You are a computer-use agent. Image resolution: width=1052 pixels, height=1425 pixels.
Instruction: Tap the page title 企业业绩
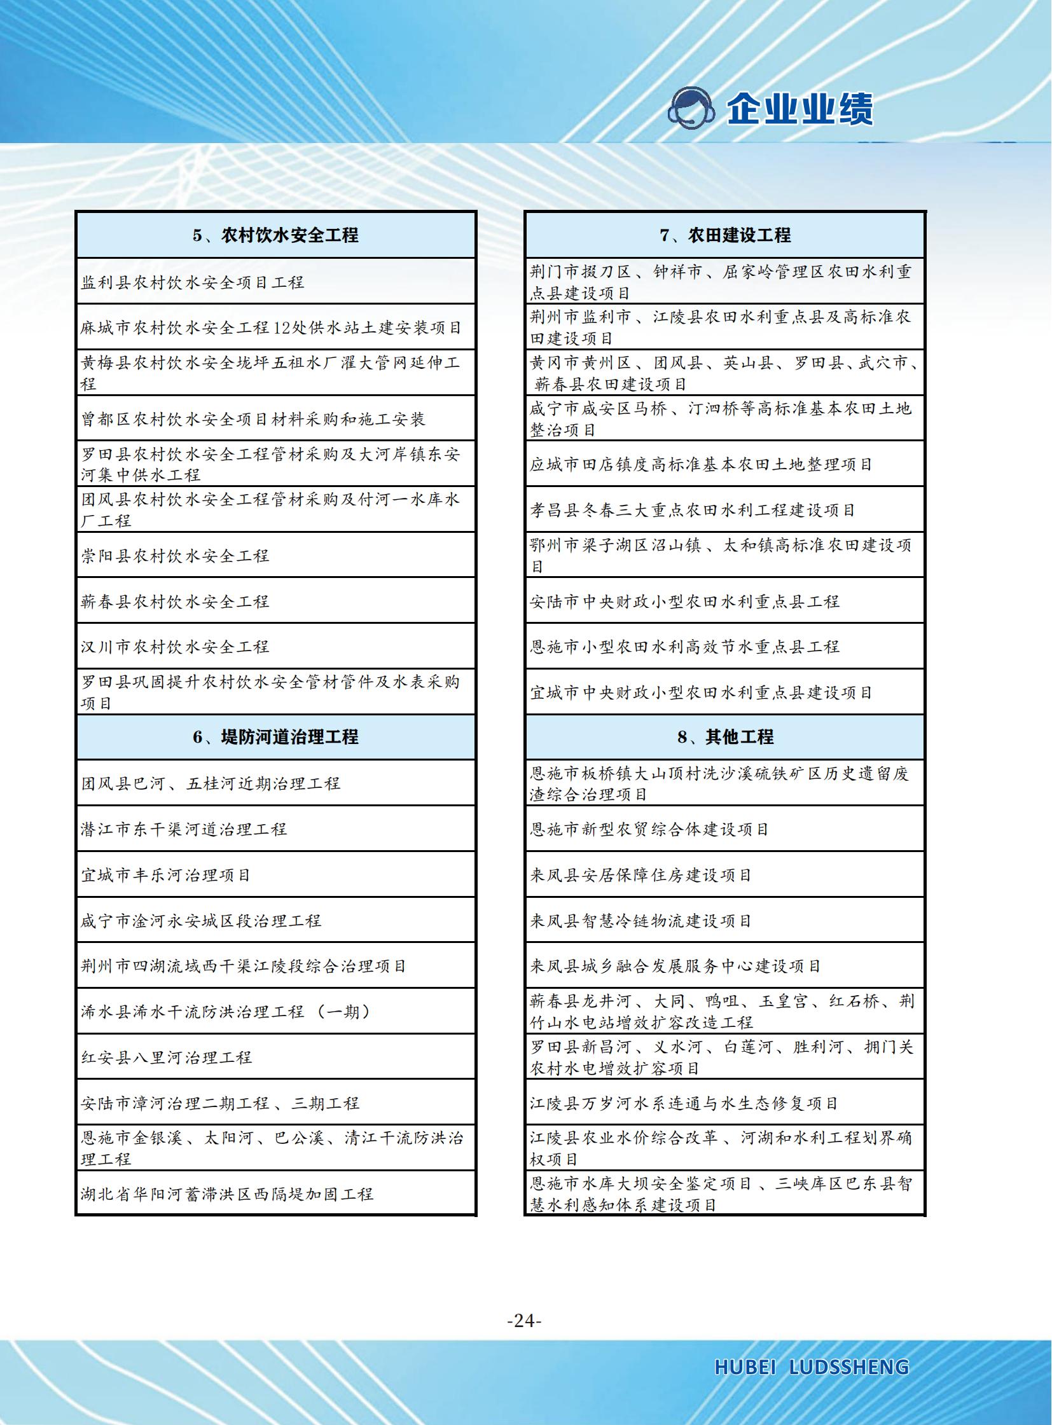[x=800, y=109]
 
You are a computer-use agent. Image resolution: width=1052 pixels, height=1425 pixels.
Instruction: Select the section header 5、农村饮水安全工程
[x=276, y=235]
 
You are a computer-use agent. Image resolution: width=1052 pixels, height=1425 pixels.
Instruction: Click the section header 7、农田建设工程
[x=724, y=235]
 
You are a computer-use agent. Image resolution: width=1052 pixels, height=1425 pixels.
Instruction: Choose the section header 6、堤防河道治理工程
[x=276, y=738]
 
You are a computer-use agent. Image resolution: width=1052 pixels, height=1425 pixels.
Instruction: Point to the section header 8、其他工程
[x=724, y=738]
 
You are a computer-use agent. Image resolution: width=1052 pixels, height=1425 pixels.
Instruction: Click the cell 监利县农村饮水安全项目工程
[x=192, y=282]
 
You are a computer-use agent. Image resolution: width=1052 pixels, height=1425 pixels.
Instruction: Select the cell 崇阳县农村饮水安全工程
[x=175, y=556]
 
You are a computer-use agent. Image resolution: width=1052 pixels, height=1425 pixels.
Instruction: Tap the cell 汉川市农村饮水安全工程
[x=175, y=647]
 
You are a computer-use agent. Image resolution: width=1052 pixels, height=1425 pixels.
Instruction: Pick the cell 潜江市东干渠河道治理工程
[x=183, y=829]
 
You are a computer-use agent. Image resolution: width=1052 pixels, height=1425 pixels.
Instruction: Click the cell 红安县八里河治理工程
[x=166, y=1057]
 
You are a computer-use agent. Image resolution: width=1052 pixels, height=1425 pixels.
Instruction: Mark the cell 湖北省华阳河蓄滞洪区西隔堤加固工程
[x=226, y=1194]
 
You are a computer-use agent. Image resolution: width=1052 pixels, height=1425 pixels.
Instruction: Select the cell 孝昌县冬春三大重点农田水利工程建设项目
[x=693, y=510]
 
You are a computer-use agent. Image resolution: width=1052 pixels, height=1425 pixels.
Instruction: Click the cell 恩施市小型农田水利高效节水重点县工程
[x=684, y=647]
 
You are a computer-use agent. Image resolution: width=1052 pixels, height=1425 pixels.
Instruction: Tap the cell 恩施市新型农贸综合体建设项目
[x=649, y=829]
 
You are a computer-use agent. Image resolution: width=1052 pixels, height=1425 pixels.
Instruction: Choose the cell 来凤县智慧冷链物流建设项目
[x=640, y=921]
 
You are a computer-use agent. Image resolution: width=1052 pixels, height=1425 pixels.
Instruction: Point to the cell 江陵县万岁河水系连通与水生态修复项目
[x=684, y=1103]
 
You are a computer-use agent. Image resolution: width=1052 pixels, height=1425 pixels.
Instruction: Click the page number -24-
[x=524, y=1321]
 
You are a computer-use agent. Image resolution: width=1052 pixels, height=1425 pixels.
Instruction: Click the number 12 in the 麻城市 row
[x=282, y=328]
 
